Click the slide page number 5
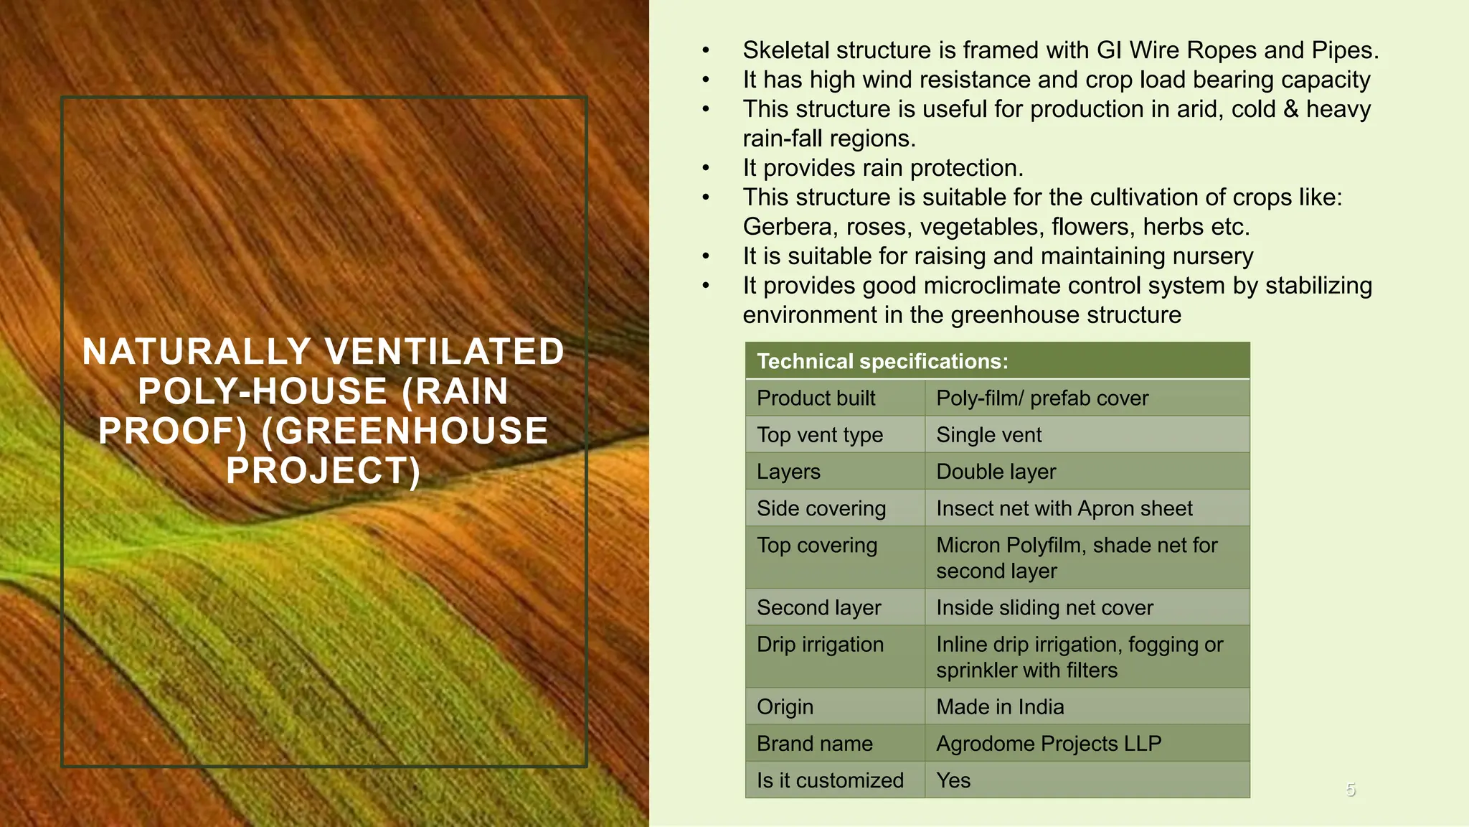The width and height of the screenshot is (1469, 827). [x=1351, y=790]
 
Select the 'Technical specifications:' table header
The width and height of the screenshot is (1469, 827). [x=882, y=361]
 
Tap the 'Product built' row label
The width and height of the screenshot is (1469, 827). [x=816, y=398]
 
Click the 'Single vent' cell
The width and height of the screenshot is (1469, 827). [x=988, y=435]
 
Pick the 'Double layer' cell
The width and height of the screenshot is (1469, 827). [x=996, y=472]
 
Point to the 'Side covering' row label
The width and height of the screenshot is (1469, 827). [x=821, y=508]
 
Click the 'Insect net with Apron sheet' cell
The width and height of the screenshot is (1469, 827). [x=1064, y=508]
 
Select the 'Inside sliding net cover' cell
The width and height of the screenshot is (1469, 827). [x=1044, y=607]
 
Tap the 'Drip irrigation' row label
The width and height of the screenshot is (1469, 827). [x=820, y=644]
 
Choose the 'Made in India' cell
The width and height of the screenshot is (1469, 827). [x=1000, y=707]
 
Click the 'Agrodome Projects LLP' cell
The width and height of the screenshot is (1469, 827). [x=1048, y=744]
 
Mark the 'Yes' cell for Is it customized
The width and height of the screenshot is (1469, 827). [x=953, y=780]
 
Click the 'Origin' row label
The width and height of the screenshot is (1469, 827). [x=785, y=707]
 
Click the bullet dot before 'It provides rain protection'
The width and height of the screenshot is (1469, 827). [x=706, y=169]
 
